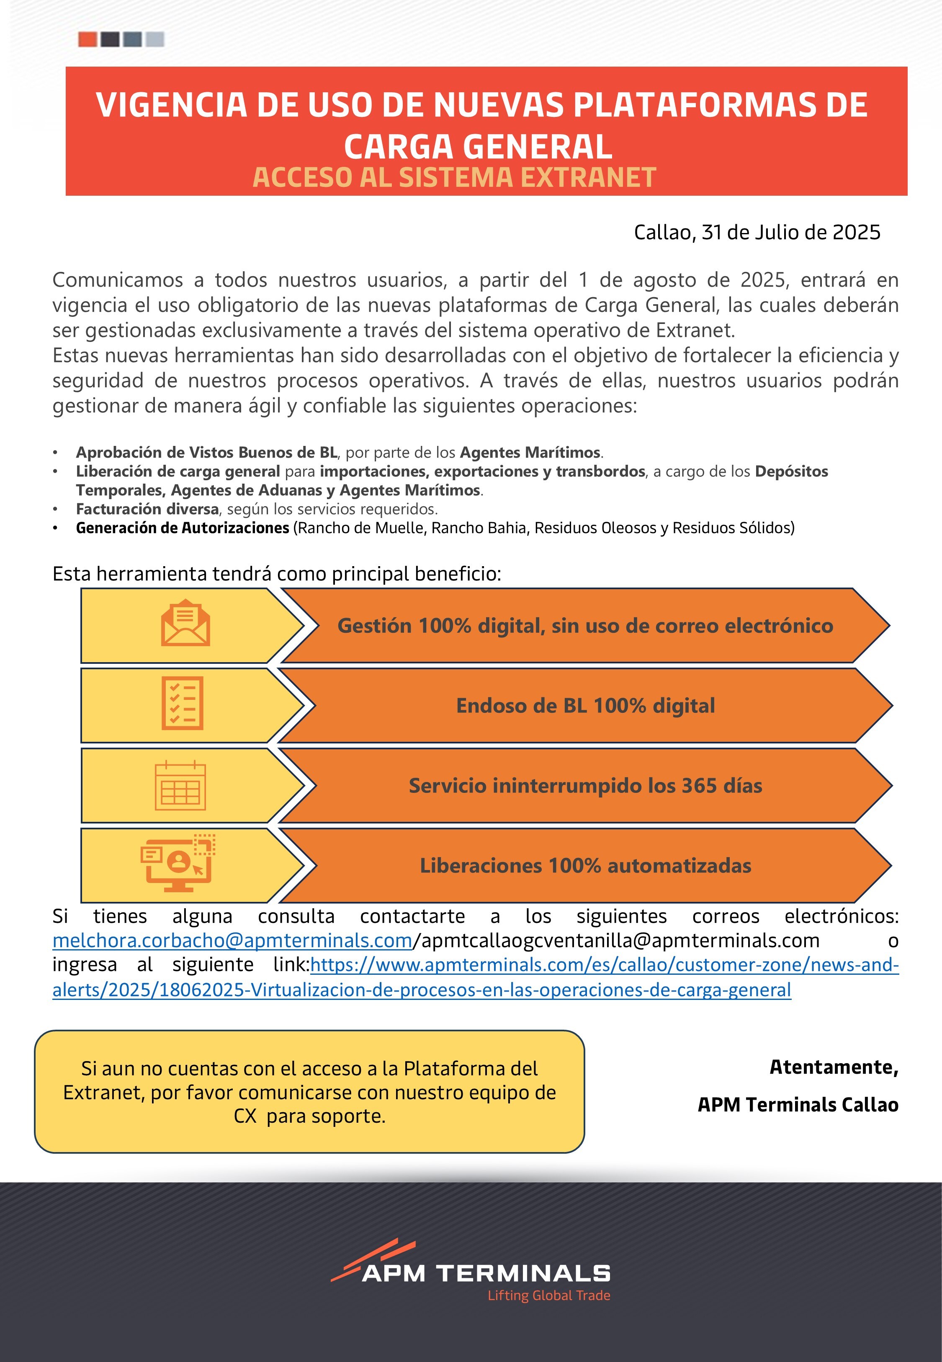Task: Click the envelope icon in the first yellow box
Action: (185, 623)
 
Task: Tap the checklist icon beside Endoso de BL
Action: (183, 704)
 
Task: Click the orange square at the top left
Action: (88, 39)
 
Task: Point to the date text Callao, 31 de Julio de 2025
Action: (757, 232)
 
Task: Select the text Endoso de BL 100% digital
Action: (585, 705)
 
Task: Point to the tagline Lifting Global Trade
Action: (548, 1295)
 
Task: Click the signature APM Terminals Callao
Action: (798, 1105)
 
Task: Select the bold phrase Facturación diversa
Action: (147, 509)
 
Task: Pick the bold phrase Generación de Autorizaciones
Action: (183, 528)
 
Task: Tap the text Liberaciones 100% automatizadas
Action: (585, 865)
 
